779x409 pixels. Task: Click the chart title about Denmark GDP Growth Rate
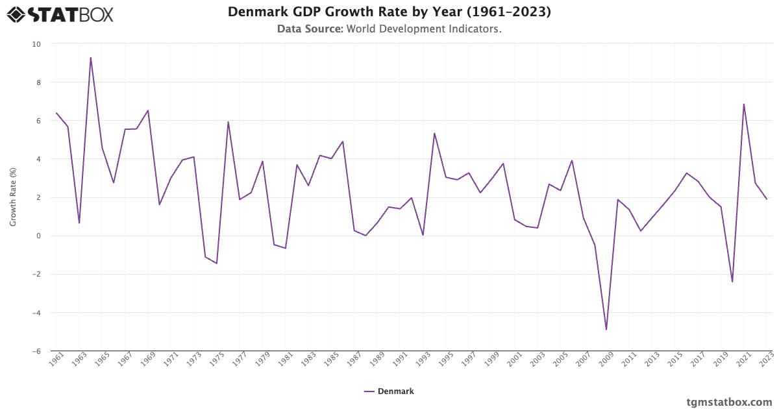pos(389,12)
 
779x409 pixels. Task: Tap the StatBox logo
pos(60,14)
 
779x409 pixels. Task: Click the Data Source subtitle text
pos(389,29)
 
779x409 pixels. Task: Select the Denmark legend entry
pos(389,391)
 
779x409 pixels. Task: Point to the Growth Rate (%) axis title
pos(13,197)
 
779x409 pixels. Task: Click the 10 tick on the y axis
pos(36,44)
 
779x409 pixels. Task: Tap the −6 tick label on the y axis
pos(36,351)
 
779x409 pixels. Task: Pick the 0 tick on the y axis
pos(38,236)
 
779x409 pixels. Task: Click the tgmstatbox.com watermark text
pos(729,402)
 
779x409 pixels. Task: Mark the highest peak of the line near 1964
pos(91,58)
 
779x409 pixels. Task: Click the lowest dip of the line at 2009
pos(606,330)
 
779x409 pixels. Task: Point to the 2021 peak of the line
pos(744,105)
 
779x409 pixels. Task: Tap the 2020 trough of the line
pos(732,282)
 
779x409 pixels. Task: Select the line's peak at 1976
pos(228,122)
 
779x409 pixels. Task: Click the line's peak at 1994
pos(434,134)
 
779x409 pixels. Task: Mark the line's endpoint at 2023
pos(767,199)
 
